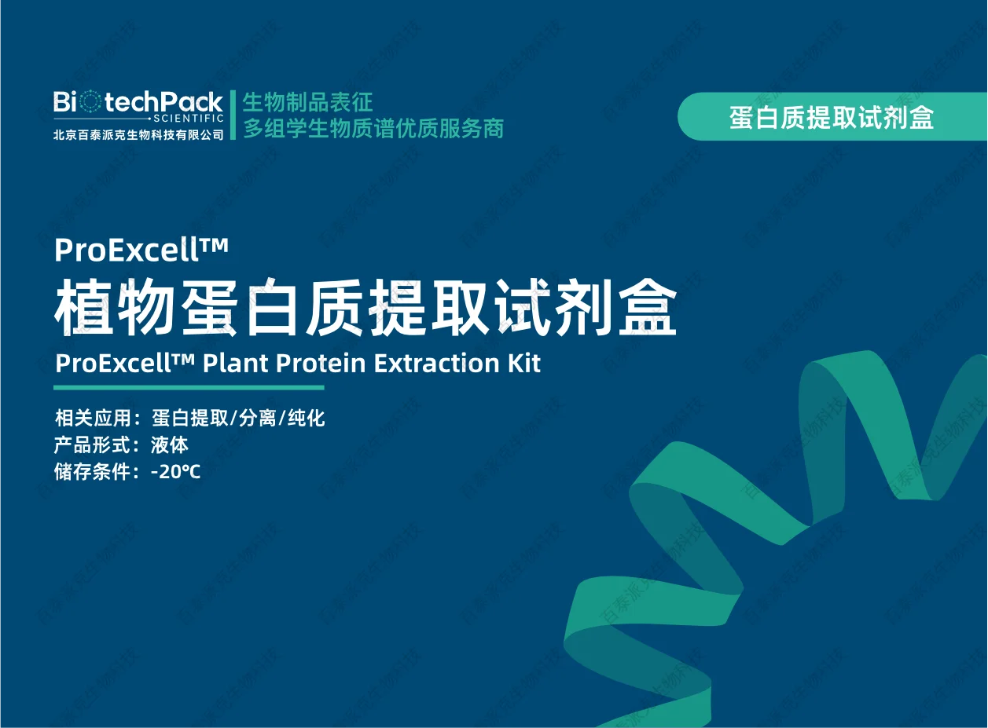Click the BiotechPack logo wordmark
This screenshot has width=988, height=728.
coord(138,101)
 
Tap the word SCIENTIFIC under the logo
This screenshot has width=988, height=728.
coord(189,119)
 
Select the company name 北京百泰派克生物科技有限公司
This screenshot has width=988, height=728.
coord(138,134)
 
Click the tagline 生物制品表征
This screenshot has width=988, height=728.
coord(307,102)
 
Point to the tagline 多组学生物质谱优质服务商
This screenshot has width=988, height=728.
coord(373,129)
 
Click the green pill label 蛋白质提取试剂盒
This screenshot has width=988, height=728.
coord(832,117)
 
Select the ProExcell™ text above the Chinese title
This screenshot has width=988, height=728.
coord(141,250)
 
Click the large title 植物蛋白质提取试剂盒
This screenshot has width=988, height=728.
coord(365,309)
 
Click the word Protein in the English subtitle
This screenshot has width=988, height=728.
coord(320,364)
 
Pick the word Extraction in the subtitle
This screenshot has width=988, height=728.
coord(436,364)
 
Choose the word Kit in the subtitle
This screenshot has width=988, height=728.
coord(523,364)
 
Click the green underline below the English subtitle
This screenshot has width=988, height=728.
coord(189,387)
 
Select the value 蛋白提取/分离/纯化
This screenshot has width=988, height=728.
coord(238,418)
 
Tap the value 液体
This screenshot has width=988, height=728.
coord(170,444)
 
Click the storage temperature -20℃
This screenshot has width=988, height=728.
coord(176,472)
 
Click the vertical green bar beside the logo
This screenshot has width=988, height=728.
coord(233,115)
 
